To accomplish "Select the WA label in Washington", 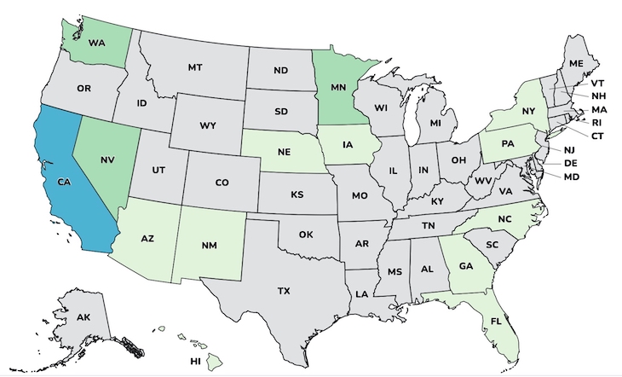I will pos(96,38).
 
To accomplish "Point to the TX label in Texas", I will pos(283,291).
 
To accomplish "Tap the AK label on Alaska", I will pos(84,317).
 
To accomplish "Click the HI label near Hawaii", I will pos(195,362).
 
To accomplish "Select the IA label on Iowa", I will pos(348,144).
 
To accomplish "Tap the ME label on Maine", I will pos(577,63).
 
